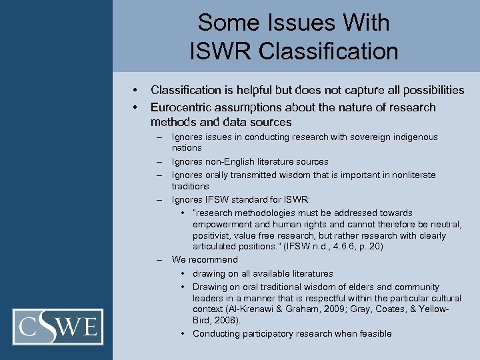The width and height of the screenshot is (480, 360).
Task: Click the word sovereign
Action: (352, 137)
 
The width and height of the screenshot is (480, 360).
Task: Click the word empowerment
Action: (221, 225)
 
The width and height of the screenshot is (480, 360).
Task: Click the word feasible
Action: (374, 333)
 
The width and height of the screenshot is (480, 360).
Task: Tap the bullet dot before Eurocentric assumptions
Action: (135, 107)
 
